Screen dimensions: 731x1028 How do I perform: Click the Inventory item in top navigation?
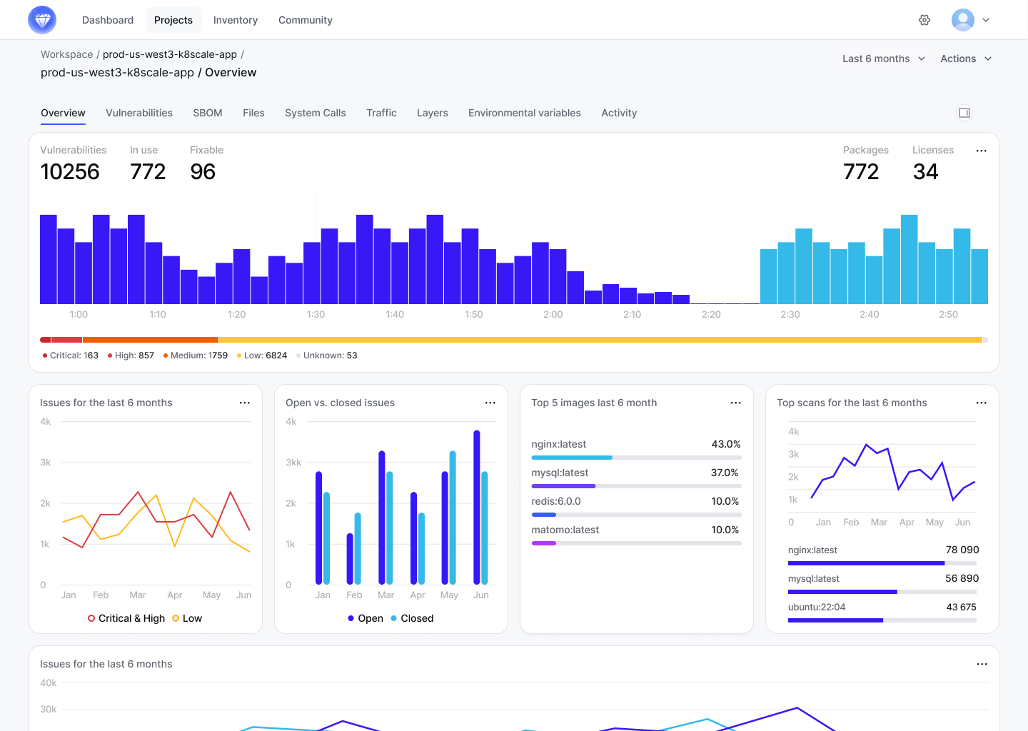tap(235, 20)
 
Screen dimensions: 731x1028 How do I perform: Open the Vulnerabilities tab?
tap(139, 113)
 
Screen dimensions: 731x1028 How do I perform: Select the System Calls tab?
tap(315, 113)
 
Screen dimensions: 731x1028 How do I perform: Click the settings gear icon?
tap(924, 20)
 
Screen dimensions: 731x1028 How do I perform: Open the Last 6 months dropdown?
tap(883, 59)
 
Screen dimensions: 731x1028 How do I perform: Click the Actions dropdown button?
tap(965, 59)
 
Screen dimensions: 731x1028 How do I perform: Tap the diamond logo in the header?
tap(42, 20)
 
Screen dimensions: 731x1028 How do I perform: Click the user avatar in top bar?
tap(962, 20)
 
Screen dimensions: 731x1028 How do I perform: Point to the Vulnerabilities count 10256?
tap(70, 172)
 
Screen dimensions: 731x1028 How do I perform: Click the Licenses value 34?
tap(925, 172)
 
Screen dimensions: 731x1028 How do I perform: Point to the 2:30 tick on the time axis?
tap(790, 314)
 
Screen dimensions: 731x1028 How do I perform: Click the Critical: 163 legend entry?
tap(71, 356)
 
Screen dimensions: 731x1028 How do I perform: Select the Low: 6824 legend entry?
tap(262, 356)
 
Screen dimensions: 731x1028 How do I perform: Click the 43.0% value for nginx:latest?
tap(725, 444)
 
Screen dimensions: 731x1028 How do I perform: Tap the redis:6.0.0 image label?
tap(556, 501)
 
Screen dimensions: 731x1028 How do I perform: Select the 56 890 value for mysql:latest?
tap(962, 578)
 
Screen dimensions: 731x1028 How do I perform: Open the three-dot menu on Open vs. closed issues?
tap(490, 403)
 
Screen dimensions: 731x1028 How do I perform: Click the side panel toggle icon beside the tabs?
tap(964, 113)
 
